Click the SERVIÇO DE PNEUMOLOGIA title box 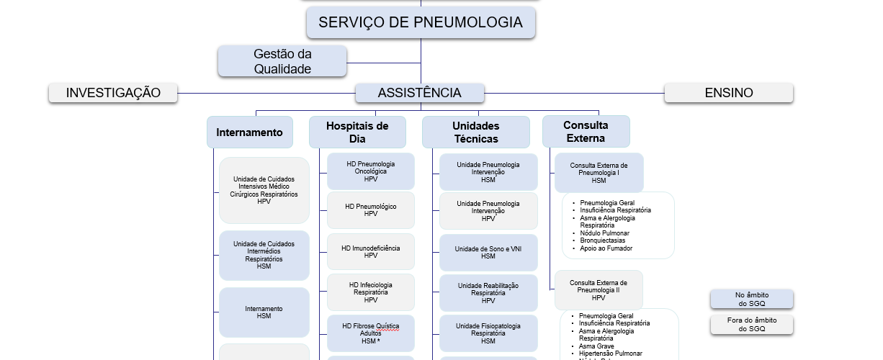click(x=421, y=22)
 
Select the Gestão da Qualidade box click(x=282, y=61)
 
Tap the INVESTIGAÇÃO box click(x=113, y=93)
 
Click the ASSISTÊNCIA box click(x=419, y=93)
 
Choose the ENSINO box click(x=728, y=93)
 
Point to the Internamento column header click(x=249, y=132)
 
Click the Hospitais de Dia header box click(x=357, y=132)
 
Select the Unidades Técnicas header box click(x=475, y=132)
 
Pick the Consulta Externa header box click(x=586, y=132)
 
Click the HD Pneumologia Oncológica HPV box click(x=370, y=171)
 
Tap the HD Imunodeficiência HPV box click(x=370, y=251)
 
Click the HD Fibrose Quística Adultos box click(x=370, y=333)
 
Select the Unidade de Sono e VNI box click(x=488, y=252)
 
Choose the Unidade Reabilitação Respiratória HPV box click(x=488, y=293)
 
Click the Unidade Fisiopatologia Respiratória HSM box click(x=488, y=333)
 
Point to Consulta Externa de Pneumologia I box click(x=599, y=173)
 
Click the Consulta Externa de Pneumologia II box click(x=599, y=290)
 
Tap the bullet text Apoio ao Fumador click(x=606, y=248)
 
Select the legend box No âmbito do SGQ click(x=751, y=299)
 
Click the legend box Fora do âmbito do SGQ click(x=751, y=325)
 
